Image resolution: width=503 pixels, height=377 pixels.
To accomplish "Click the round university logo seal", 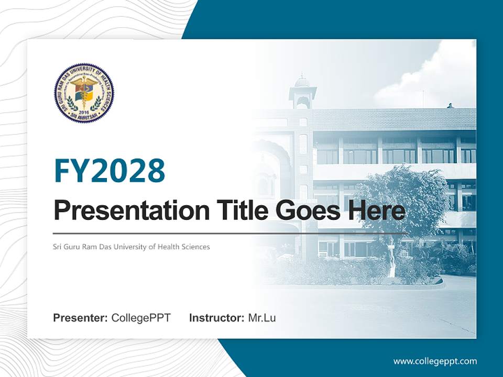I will [x=84, y=93].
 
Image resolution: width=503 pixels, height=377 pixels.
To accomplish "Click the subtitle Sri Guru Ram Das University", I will [x=105, y=247].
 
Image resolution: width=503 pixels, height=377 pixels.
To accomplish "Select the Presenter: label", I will [x=81, y=318].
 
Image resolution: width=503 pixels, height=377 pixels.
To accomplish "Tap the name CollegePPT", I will [x=141, y=318].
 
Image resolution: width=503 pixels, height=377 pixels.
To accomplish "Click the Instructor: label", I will [x=216, y=318].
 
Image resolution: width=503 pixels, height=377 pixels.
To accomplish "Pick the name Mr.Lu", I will [x=262, y=318].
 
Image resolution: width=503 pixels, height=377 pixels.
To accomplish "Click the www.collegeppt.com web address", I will [x=435, y=361].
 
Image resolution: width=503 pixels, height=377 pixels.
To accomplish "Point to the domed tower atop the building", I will [x=302, y=92].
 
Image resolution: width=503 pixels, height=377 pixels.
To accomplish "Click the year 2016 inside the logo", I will [x=84, y=112].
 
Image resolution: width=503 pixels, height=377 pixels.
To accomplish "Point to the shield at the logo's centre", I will [x=84, y=93].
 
